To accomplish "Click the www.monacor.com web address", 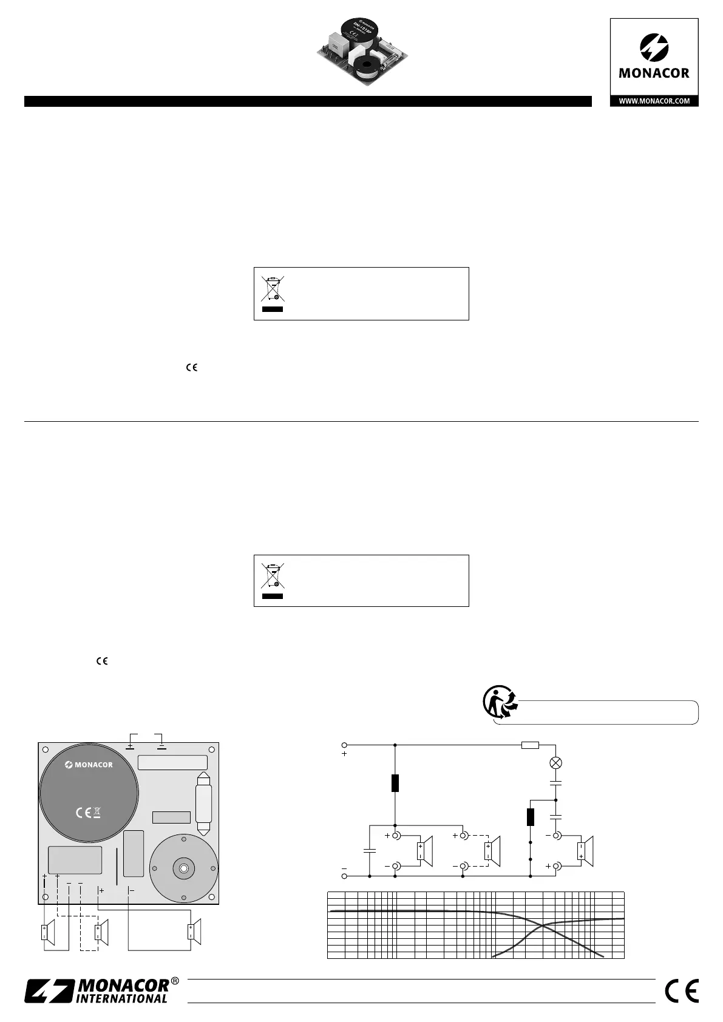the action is coord(654,101).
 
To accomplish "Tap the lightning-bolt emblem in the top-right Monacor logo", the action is coord(654,47).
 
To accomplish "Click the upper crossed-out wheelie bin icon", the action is coord(273,288).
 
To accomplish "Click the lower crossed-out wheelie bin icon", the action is coord(273,575).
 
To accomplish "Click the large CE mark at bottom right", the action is coord(682,990).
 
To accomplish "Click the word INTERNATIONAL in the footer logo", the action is coord(121,999).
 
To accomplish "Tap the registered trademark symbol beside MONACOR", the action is coord(175,981).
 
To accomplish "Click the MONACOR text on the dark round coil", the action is coord(89,765).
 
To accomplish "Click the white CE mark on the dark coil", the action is coord(83,813).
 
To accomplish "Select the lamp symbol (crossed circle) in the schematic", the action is coord(555,763).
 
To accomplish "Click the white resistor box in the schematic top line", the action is coord(530,745).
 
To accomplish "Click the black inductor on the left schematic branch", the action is coord(395,783).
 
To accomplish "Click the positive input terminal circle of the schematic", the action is coord(345,745).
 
